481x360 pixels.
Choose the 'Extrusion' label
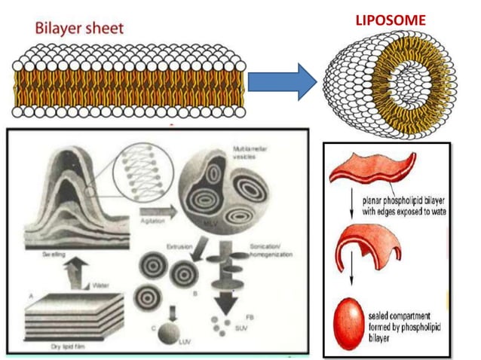point(177,246)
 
